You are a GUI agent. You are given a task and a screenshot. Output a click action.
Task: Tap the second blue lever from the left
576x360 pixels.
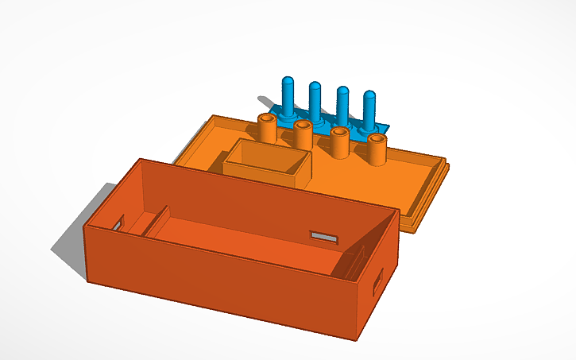pyautogui.click(x=315, y=102)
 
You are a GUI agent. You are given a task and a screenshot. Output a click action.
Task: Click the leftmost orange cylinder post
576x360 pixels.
pyautogui.click(x=268, y=128)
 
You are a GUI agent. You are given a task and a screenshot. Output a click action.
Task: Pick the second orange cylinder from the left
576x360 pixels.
pyautogui.click(x=303, y=134)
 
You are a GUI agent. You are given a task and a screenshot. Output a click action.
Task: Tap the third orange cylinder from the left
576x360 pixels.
pyautogui.click(x=340, y=141)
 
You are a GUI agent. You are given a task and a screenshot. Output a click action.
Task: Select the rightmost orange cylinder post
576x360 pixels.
pyautogui.click(x=376, y=149)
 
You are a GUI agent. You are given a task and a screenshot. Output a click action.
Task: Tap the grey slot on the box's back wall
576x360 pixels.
pyautogui.click(x=324, y=237)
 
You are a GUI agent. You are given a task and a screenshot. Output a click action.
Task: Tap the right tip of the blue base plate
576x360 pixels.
pyautogui.click(x=387, y=127)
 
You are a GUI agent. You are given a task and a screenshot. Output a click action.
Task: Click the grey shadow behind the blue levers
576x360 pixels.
pyautogui.click(x=266, y=101)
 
